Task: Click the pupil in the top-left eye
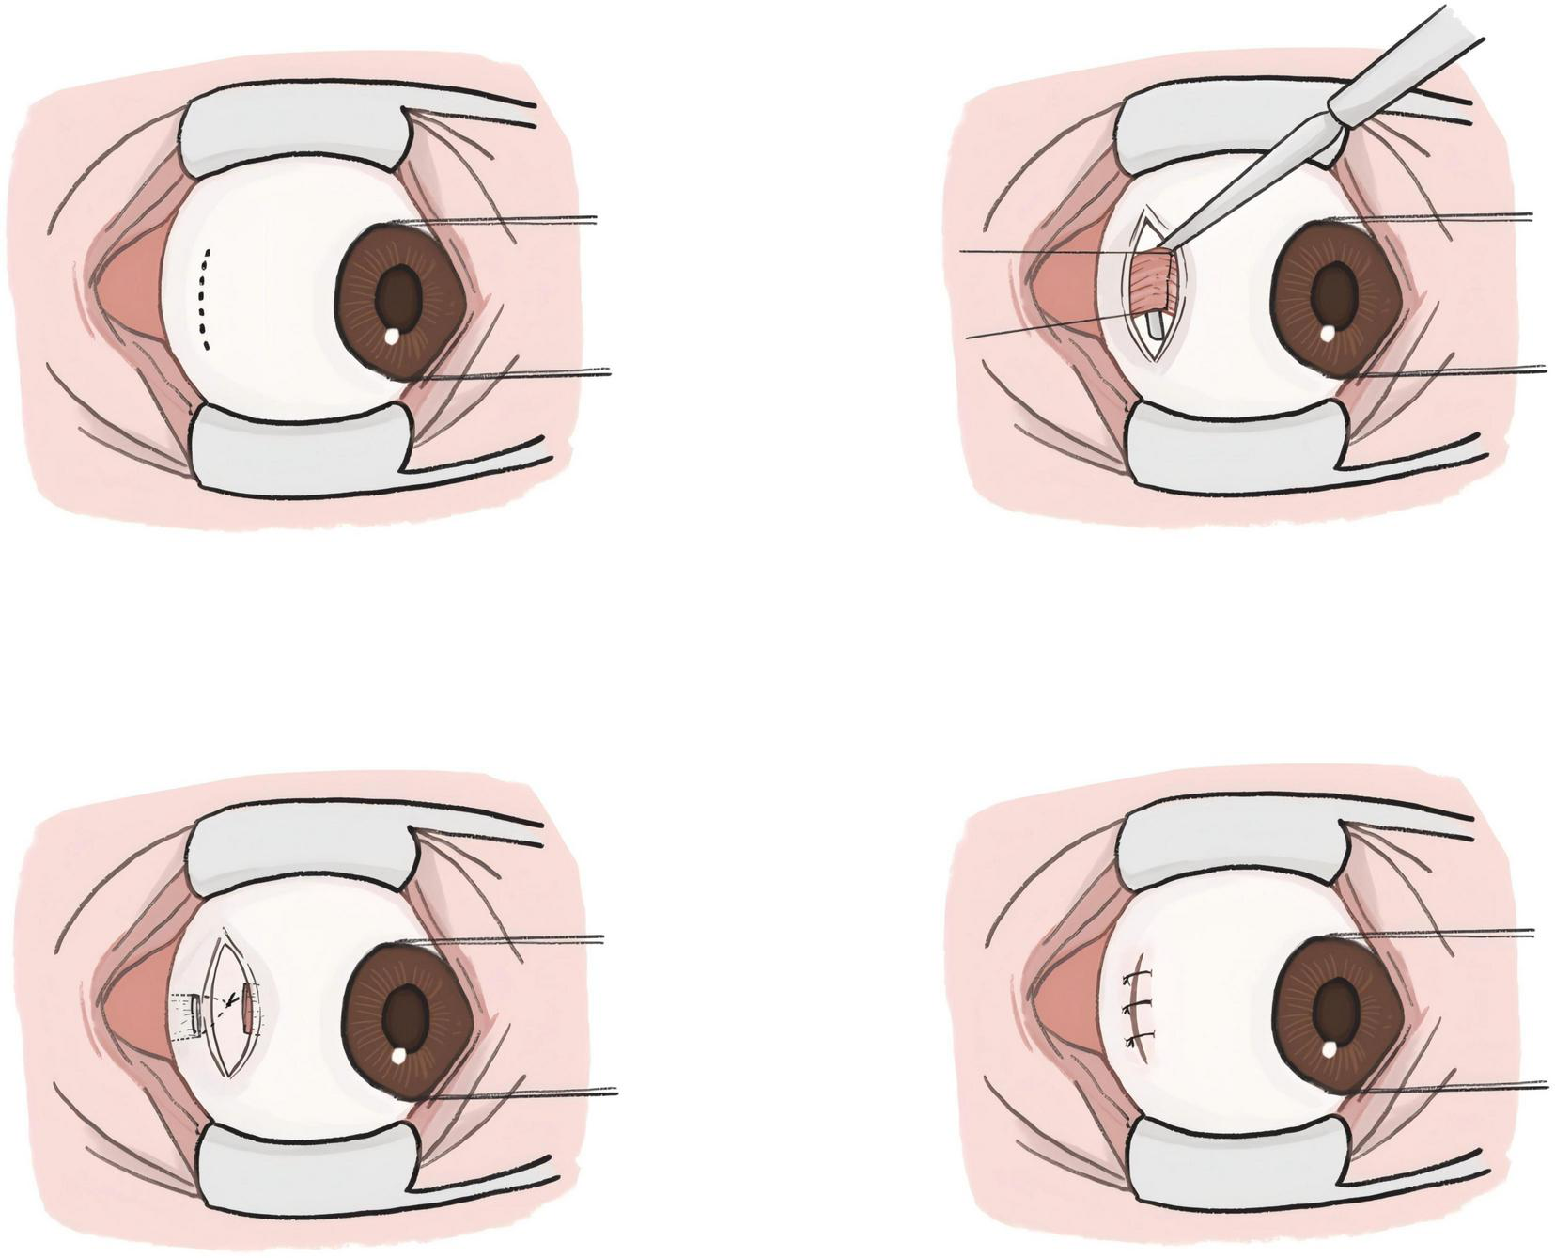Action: pos(400,292)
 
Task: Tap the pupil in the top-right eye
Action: pos(1333,292)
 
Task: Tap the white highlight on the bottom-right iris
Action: pos(1330,1046)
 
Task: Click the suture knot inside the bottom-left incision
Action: pos(228,1003)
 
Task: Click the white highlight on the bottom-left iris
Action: pos(398,1054)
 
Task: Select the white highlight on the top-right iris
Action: pos(1327,332)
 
